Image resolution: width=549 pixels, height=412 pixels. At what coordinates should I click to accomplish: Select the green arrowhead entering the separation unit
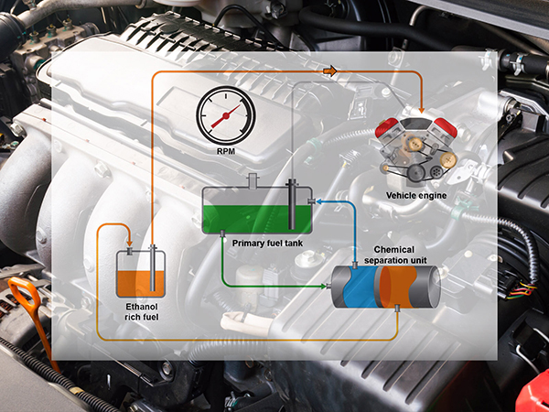(328, 287)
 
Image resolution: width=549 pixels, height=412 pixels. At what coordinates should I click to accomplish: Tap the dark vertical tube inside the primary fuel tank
(291, 206)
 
